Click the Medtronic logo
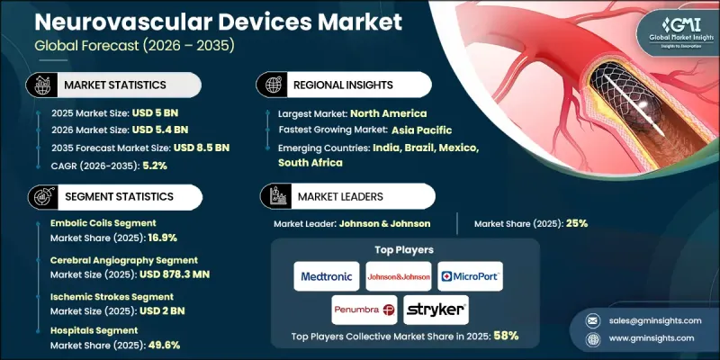326,275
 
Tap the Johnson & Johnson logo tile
397,275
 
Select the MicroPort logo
469,275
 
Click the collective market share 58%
506,336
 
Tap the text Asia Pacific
432,130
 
